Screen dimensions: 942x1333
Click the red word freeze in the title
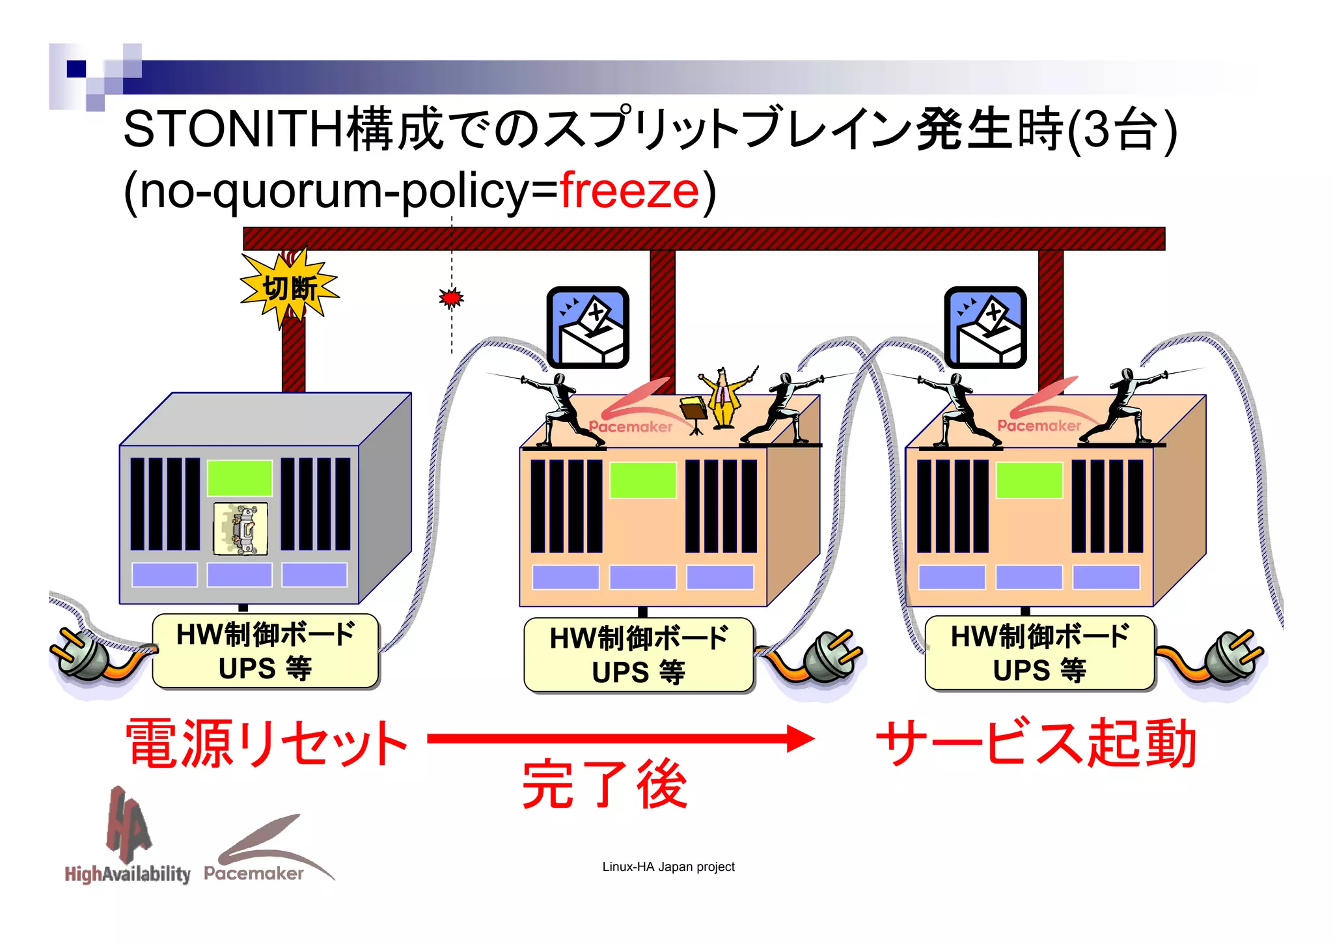629,191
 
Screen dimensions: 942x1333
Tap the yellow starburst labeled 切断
290,288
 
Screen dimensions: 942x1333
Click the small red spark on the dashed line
451,298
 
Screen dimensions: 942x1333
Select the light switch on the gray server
241,529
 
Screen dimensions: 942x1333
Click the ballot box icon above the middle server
588,327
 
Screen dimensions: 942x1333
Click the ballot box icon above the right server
985,327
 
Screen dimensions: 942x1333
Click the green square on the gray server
240,478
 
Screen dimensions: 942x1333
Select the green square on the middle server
642,480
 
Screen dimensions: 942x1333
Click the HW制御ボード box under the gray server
266,651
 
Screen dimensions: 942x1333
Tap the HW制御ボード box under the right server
1039,653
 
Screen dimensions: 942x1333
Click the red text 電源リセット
267,743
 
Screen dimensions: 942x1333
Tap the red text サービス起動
1036,743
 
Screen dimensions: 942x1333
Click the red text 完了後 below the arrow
605,785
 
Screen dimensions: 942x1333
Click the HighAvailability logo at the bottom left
128,840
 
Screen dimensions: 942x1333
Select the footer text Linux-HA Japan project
668,866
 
